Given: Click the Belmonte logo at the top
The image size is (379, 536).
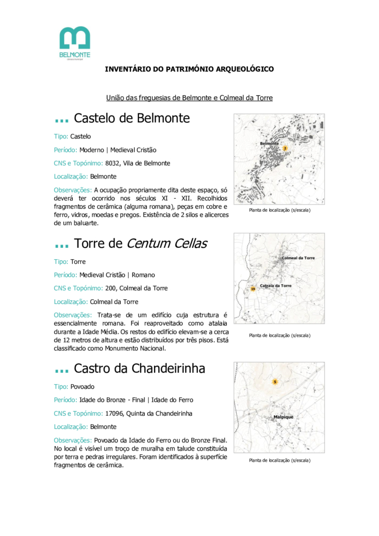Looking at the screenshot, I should point(75,43).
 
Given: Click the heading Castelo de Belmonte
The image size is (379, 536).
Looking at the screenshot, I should point(132,118).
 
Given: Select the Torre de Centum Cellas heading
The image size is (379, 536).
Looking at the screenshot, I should point(140,243).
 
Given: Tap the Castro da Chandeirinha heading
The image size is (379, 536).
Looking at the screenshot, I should point(139,368).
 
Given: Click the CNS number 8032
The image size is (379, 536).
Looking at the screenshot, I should point(112,163).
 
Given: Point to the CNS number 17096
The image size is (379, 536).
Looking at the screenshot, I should point(114,414).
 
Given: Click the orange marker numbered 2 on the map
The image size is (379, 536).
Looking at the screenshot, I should point(285,148).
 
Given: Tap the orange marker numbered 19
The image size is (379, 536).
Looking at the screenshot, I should point(252,288).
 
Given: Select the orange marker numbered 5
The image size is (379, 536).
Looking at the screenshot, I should point(275,382).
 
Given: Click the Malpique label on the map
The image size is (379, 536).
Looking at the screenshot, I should point(283,417).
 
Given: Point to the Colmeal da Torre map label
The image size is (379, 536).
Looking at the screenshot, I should point(298,258).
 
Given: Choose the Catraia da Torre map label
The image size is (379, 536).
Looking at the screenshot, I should point(275,286).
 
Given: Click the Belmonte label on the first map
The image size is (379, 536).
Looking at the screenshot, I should point(269,143).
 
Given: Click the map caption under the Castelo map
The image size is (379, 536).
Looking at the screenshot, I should point(280,210).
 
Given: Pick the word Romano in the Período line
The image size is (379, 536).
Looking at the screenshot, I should point(143,275).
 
